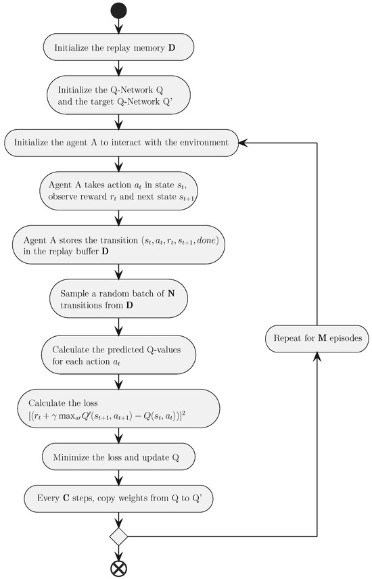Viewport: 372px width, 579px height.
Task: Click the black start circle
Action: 119,10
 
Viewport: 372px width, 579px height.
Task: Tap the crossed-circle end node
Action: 119,567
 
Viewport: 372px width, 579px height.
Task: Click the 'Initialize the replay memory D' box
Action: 119,48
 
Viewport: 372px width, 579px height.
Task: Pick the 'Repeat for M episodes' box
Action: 316,337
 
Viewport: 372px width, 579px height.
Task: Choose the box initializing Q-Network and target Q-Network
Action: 119,97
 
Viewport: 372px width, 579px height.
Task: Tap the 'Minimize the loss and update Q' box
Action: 119,457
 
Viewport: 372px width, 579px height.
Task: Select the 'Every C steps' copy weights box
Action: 119,499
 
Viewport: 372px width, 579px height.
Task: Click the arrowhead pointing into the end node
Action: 119,555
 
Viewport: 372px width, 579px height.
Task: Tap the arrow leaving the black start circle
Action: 119,26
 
